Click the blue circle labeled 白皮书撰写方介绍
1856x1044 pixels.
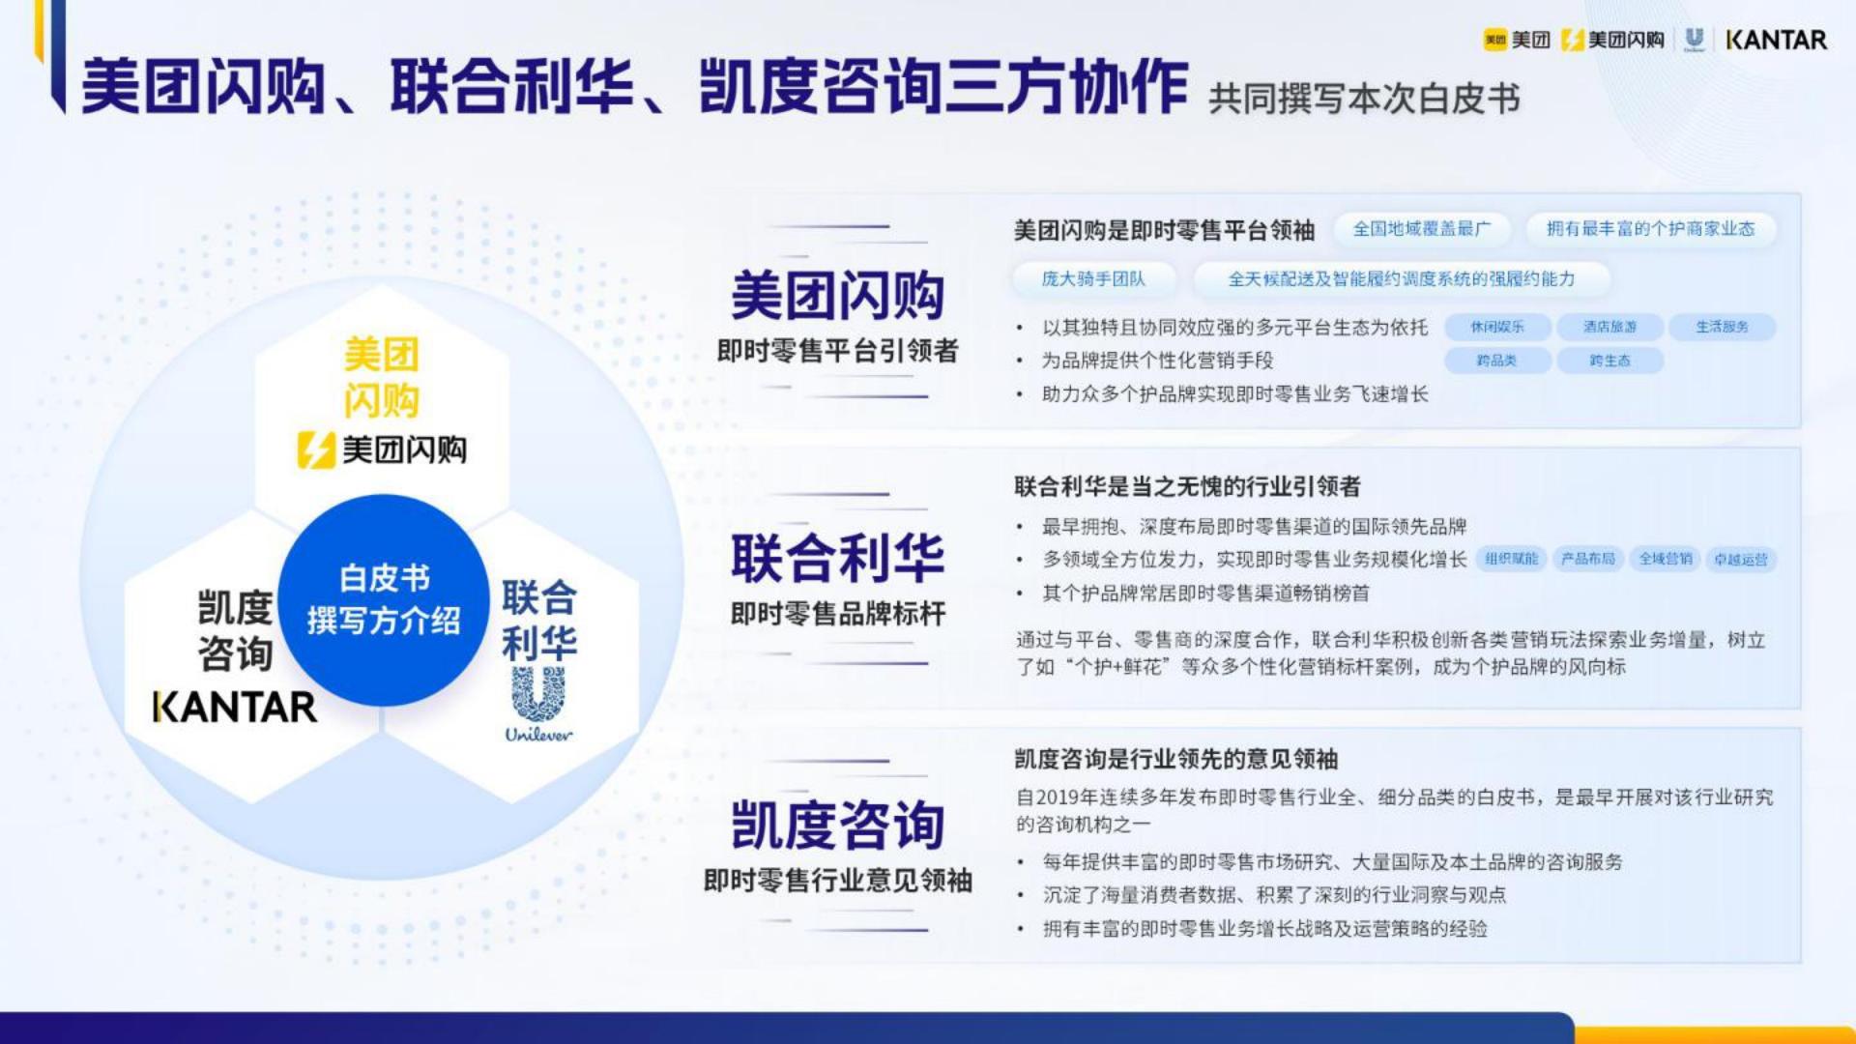[383, 599]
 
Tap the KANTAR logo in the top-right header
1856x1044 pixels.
[1776, 40]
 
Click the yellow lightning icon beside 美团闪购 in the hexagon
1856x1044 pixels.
[315, 450]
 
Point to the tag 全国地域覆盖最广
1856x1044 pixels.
[1421, 229]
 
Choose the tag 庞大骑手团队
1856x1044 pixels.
[1093, 279]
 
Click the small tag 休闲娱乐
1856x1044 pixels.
[1497, 327]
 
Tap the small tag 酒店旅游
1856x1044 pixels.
[1609, 327]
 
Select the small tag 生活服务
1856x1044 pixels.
[1722, 327]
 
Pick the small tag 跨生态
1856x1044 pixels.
[1609, 361]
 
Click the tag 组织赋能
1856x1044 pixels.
[1511, 559]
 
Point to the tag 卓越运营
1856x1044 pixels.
[1740, 559]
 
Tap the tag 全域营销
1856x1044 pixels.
[1665, 559]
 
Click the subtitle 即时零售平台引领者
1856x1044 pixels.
[837, 351]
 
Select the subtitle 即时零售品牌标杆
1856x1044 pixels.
[837, 614]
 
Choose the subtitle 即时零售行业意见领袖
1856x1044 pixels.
[837, 881]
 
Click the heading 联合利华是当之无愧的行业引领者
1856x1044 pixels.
[1187, 486]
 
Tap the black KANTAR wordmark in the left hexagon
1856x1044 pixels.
[235, 707]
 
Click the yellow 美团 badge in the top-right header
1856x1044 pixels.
[1494, 40]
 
